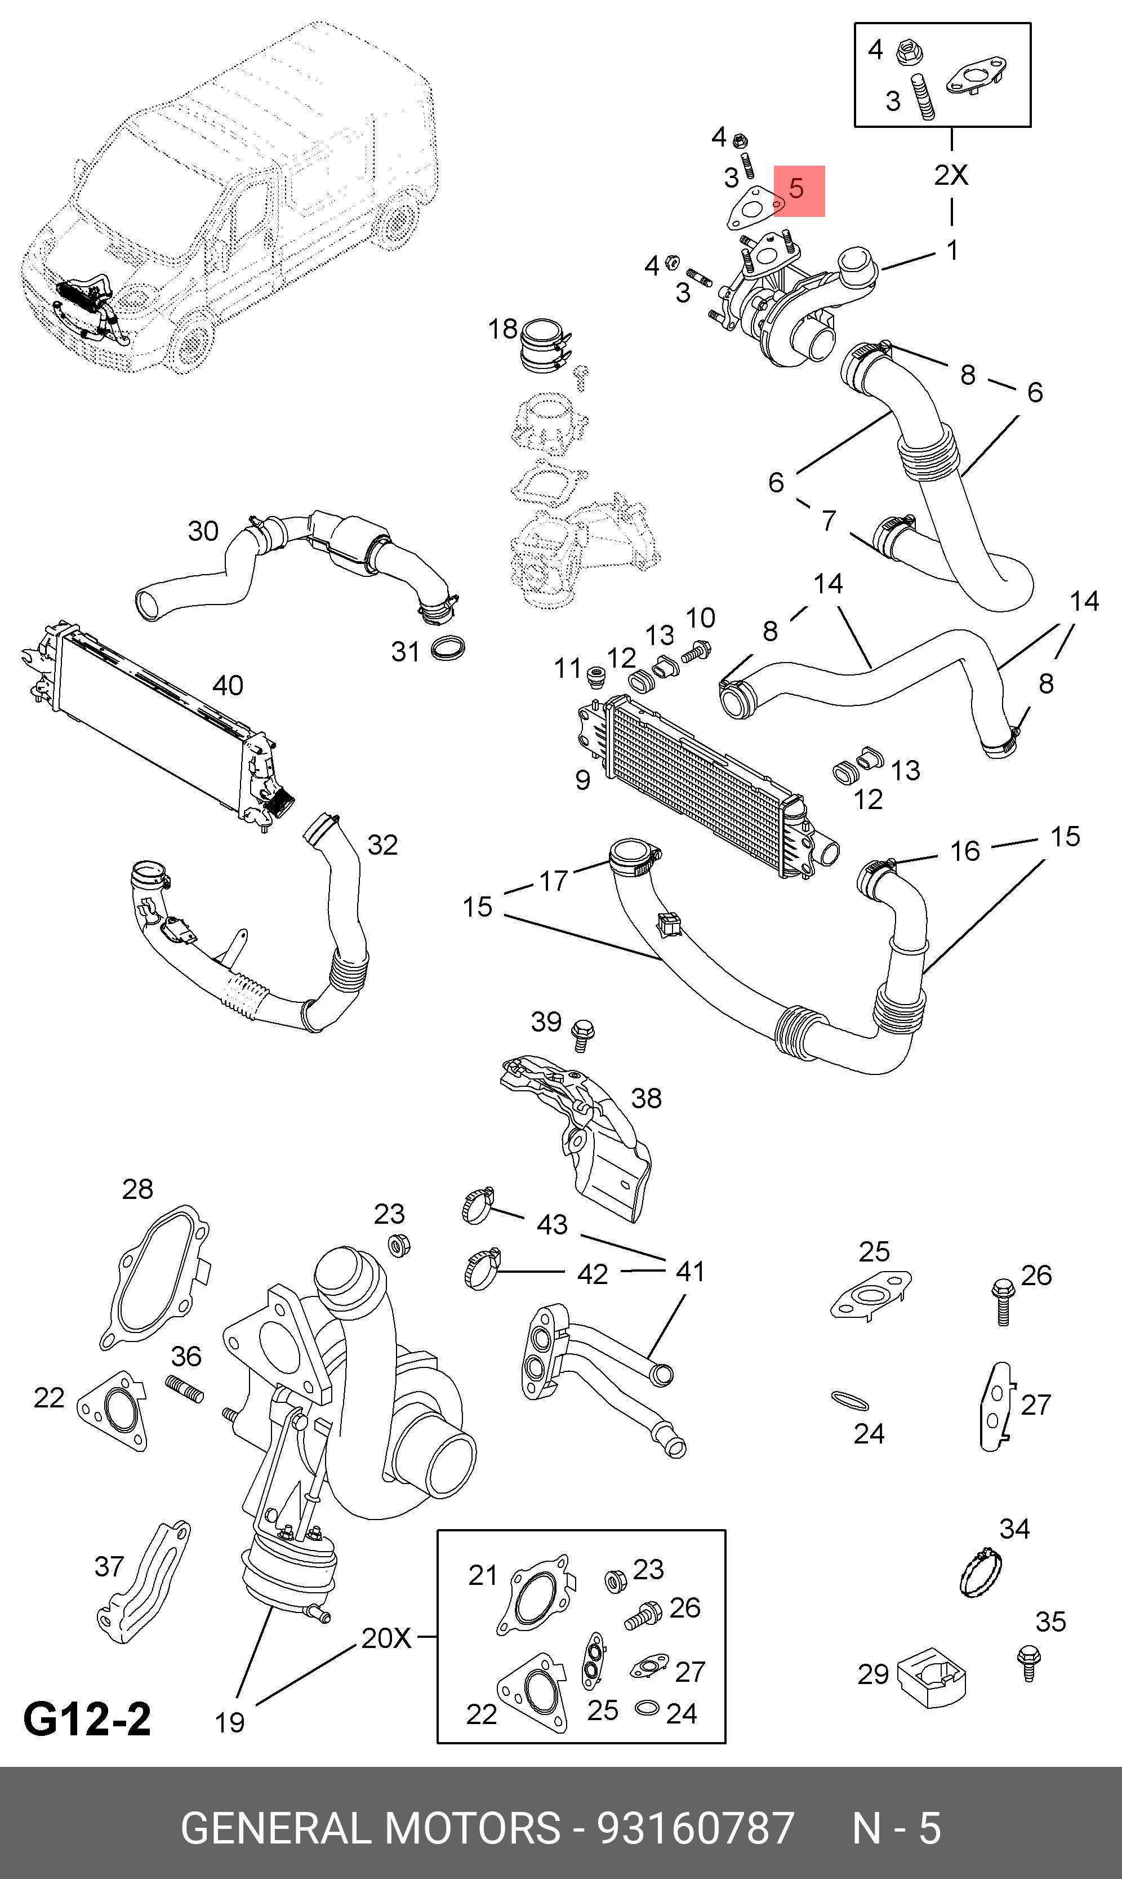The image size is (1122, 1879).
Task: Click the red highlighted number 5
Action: (x=797, y=189)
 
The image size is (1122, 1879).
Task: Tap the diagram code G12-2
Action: (x=87, y=1718)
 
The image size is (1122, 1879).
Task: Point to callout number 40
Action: (x=228, y=686)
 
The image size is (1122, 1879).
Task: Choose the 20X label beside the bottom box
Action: (x=386, y=1638)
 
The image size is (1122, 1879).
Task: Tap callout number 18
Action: (x=502, y=329)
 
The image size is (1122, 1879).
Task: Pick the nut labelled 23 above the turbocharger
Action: (x=398, y=1245)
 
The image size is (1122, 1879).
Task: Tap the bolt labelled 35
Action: (x=1028, y=1662)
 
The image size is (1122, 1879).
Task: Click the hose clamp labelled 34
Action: (x=981, y=1572)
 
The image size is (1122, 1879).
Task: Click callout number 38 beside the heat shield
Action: (x=647, y=1099)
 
